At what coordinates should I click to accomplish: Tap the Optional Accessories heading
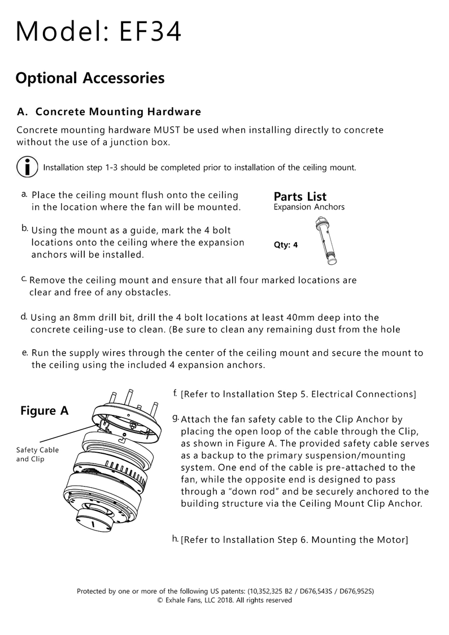(x=90, y=77)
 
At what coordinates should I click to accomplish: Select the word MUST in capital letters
(x=168, y=130)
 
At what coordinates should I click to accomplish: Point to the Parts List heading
(x=300, y=196)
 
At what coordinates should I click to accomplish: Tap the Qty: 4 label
(x=285, y=245)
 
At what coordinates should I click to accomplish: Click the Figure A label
(x=44, y=410)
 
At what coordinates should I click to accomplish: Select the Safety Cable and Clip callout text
(x=37, y=454)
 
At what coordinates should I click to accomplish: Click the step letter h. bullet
(x=175, y=538)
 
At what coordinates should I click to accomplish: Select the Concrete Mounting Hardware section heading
(x=118, y=112)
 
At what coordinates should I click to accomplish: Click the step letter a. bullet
(x=24, y=194)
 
